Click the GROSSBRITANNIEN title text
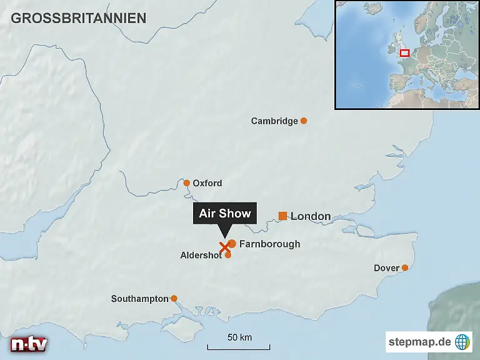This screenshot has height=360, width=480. tap(78, 17)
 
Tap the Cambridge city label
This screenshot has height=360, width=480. tap(274, 121)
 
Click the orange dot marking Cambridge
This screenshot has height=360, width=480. tap(304, 121)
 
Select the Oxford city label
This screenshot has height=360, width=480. tap(207, 183)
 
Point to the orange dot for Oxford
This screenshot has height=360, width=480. tap(186, 183)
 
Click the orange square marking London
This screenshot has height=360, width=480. tap(282, 216)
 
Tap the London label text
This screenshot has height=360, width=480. tap(311, 216)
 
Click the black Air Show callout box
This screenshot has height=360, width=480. tap(225, 214)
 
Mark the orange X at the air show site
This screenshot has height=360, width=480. tap(224, 246)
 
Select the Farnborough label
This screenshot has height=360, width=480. tap(269, 244)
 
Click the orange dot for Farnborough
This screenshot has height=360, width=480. tap(232, 243)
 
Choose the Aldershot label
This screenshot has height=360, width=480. tap(201, 256)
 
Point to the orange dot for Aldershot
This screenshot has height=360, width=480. tap(227, 254)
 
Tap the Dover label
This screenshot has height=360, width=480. tap(386, 268)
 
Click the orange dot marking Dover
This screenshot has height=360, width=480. tap(405, 267)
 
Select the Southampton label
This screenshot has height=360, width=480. tap(140, 299)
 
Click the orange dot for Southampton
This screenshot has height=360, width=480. tap(174, 298)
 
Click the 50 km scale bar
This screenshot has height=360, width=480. tap(239, 346)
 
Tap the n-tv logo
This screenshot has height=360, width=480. tap(29, 344)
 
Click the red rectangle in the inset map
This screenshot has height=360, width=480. tap(404, 53)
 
